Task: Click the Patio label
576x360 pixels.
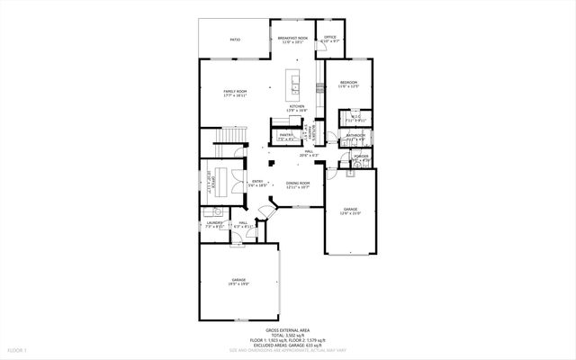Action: [x=235, y=40]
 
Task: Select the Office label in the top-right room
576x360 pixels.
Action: [x=330, y=38]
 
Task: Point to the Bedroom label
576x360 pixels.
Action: [x=349, y=84]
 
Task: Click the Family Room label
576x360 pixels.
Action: [x=235, y=92]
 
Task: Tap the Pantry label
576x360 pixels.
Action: [x=286, y=136]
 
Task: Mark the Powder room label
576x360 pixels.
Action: [x=361, y=157]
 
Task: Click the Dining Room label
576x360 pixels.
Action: [x=298, y=184]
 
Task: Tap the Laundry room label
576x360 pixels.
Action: [x=213, y=223]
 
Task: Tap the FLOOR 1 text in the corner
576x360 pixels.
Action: [x=18, y=349]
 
